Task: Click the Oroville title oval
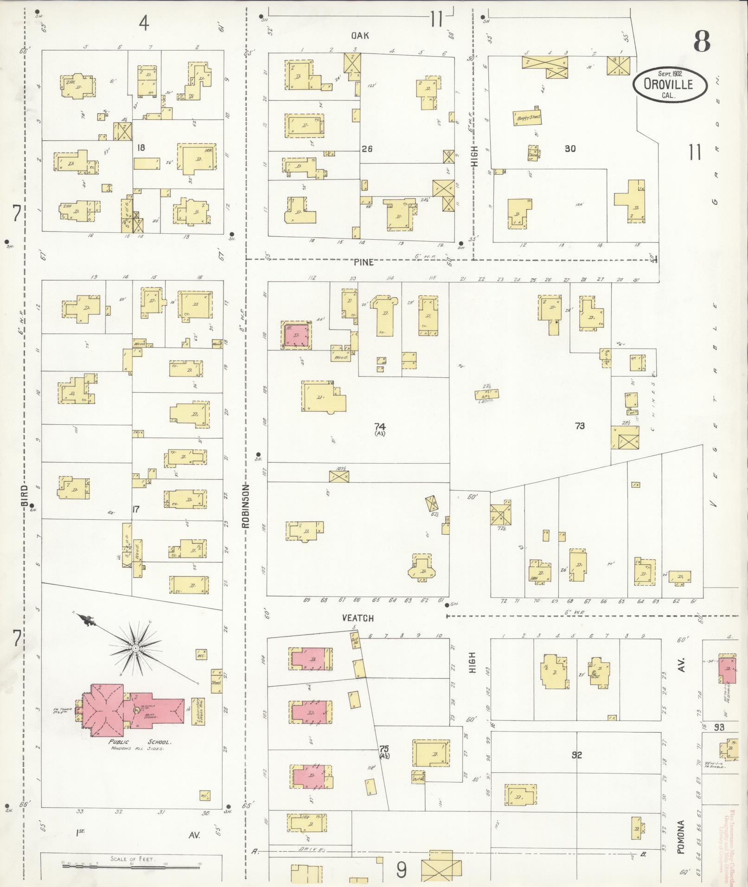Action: coord(671,84)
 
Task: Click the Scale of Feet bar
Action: coord(132,865)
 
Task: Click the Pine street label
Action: coord(364,262)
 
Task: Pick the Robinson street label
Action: coord(246,506)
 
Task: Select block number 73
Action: coord(580,426)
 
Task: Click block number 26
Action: coord(367,149)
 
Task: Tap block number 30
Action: coord(570,149)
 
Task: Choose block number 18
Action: coord(141,148)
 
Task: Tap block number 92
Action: coord(576,755)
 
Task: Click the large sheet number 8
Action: coord(702,43)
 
